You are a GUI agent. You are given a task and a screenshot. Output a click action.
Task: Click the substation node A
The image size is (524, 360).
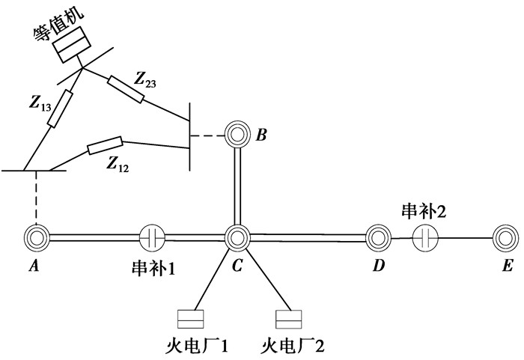[35, 238]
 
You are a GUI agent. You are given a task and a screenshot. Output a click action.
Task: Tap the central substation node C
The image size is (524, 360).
[237, 238]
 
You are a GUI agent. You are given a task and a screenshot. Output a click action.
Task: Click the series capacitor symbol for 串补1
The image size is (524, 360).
[152, 238]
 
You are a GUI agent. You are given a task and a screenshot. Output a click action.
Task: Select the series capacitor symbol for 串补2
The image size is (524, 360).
[424, 239]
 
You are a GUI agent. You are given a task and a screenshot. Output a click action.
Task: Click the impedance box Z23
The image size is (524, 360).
[125, 88]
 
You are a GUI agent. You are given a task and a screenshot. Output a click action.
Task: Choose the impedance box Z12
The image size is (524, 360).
[105, 145]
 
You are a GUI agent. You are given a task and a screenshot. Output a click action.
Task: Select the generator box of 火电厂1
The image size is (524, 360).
[186, 320]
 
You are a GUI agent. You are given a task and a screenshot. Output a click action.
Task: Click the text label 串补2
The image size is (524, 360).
[424, 211]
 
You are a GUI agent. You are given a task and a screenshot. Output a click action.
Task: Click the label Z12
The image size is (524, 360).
[118, 164]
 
